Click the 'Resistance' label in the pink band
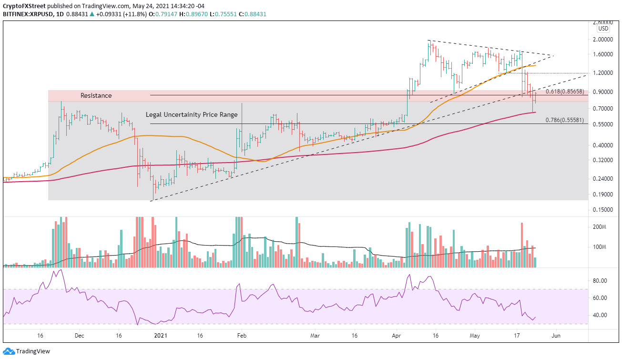(x=96, y=96)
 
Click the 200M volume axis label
(x=599, y=227)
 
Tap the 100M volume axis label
(x=599, y=247)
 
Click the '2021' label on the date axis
(x=159, y=335)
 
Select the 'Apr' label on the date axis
(x=397, y=335)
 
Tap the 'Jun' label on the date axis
(x=555, y=335)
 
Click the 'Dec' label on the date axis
(x=79, y=335)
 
